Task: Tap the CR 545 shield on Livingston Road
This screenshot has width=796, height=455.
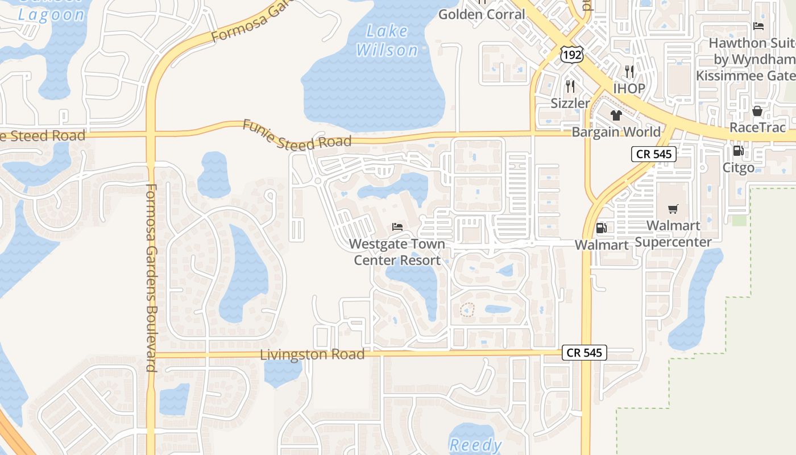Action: [x=584, y=353]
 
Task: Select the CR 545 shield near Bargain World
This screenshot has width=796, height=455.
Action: [x=653, y=154]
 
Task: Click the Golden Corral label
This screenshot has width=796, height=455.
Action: [x=482, y=14]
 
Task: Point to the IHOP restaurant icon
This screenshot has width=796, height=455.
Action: [x=629, y=72]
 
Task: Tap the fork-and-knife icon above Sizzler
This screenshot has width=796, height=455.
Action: [x=570, y=86]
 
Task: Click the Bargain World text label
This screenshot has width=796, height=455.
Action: [x=616, y=132]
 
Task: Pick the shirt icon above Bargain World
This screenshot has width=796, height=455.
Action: [x=616, y=116]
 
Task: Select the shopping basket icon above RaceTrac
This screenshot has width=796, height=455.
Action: [x=757, y=111]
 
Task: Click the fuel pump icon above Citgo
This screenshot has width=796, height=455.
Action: [x=738, y=151]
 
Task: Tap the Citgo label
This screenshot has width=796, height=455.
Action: [x=738, y=168]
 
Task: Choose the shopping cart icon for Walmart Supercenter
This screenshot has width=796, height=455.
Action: [x=673, y=209]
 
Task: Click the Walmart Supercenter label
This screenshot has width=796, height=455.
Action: [x=673, y=234]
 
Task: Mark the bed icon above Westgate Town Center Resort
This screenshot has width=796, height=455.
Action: [x=397, y=227]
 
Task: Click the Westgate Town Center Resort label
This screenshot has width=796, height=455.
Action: [x=397, y=252]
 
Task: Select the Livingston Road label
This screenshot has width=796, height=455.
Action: [x=312, y=354]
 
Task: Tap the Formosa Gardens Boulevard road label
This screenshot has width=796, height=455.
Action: [x=151, y=278]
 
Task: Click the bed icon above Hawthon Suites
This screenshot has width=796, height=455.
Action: [x=758, y=26]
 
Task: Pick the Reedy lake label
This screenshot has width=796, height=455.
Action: [x=475, y=445]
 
